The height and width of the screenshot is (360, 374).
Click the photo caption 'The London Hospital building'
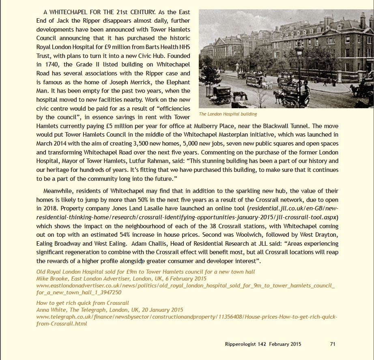228,114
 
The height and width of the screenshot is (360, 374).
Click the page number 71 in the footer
332,344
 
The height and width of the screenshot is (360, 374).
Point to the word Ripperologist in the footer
240,344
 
